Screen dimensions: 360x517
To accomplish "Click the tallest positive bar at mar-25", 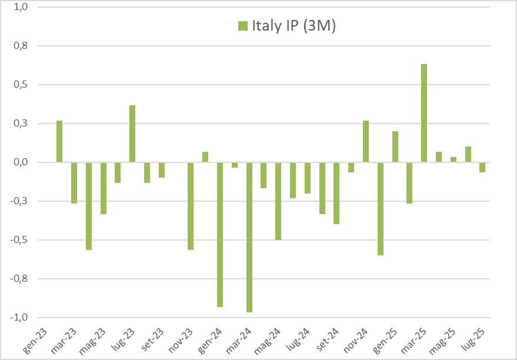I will coord(424,113).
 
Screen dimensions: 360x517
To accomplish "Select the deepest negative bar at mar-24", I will coord(249,236).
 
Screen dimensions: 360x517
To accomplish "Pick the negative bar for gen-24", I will coord(220,234).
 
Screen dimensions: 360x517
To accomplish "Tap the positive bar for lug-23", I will coord(132,134).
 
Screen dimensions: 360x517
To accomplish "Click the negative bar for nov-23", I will coord(191,206).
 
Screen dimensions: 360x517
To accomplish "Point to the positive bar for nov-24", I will coord(366,141).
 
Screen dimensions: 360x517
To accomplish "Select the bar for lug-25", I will coord(482,167).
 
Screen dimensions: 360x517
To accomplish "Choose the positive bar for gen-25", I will coord(395,146).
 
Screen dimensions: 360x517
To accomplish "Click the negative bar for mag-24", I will coord(278,201).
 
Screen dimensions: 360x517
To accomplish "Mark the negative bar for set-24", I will coord(322,188).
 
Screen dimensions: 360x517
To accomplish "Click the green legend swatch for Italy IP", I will coord(243,26).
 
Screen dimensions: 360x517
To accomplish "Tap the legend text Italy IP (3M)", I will coord(293,26).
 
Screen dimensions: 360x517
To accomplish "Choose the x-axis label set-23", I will coord(153,341).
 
